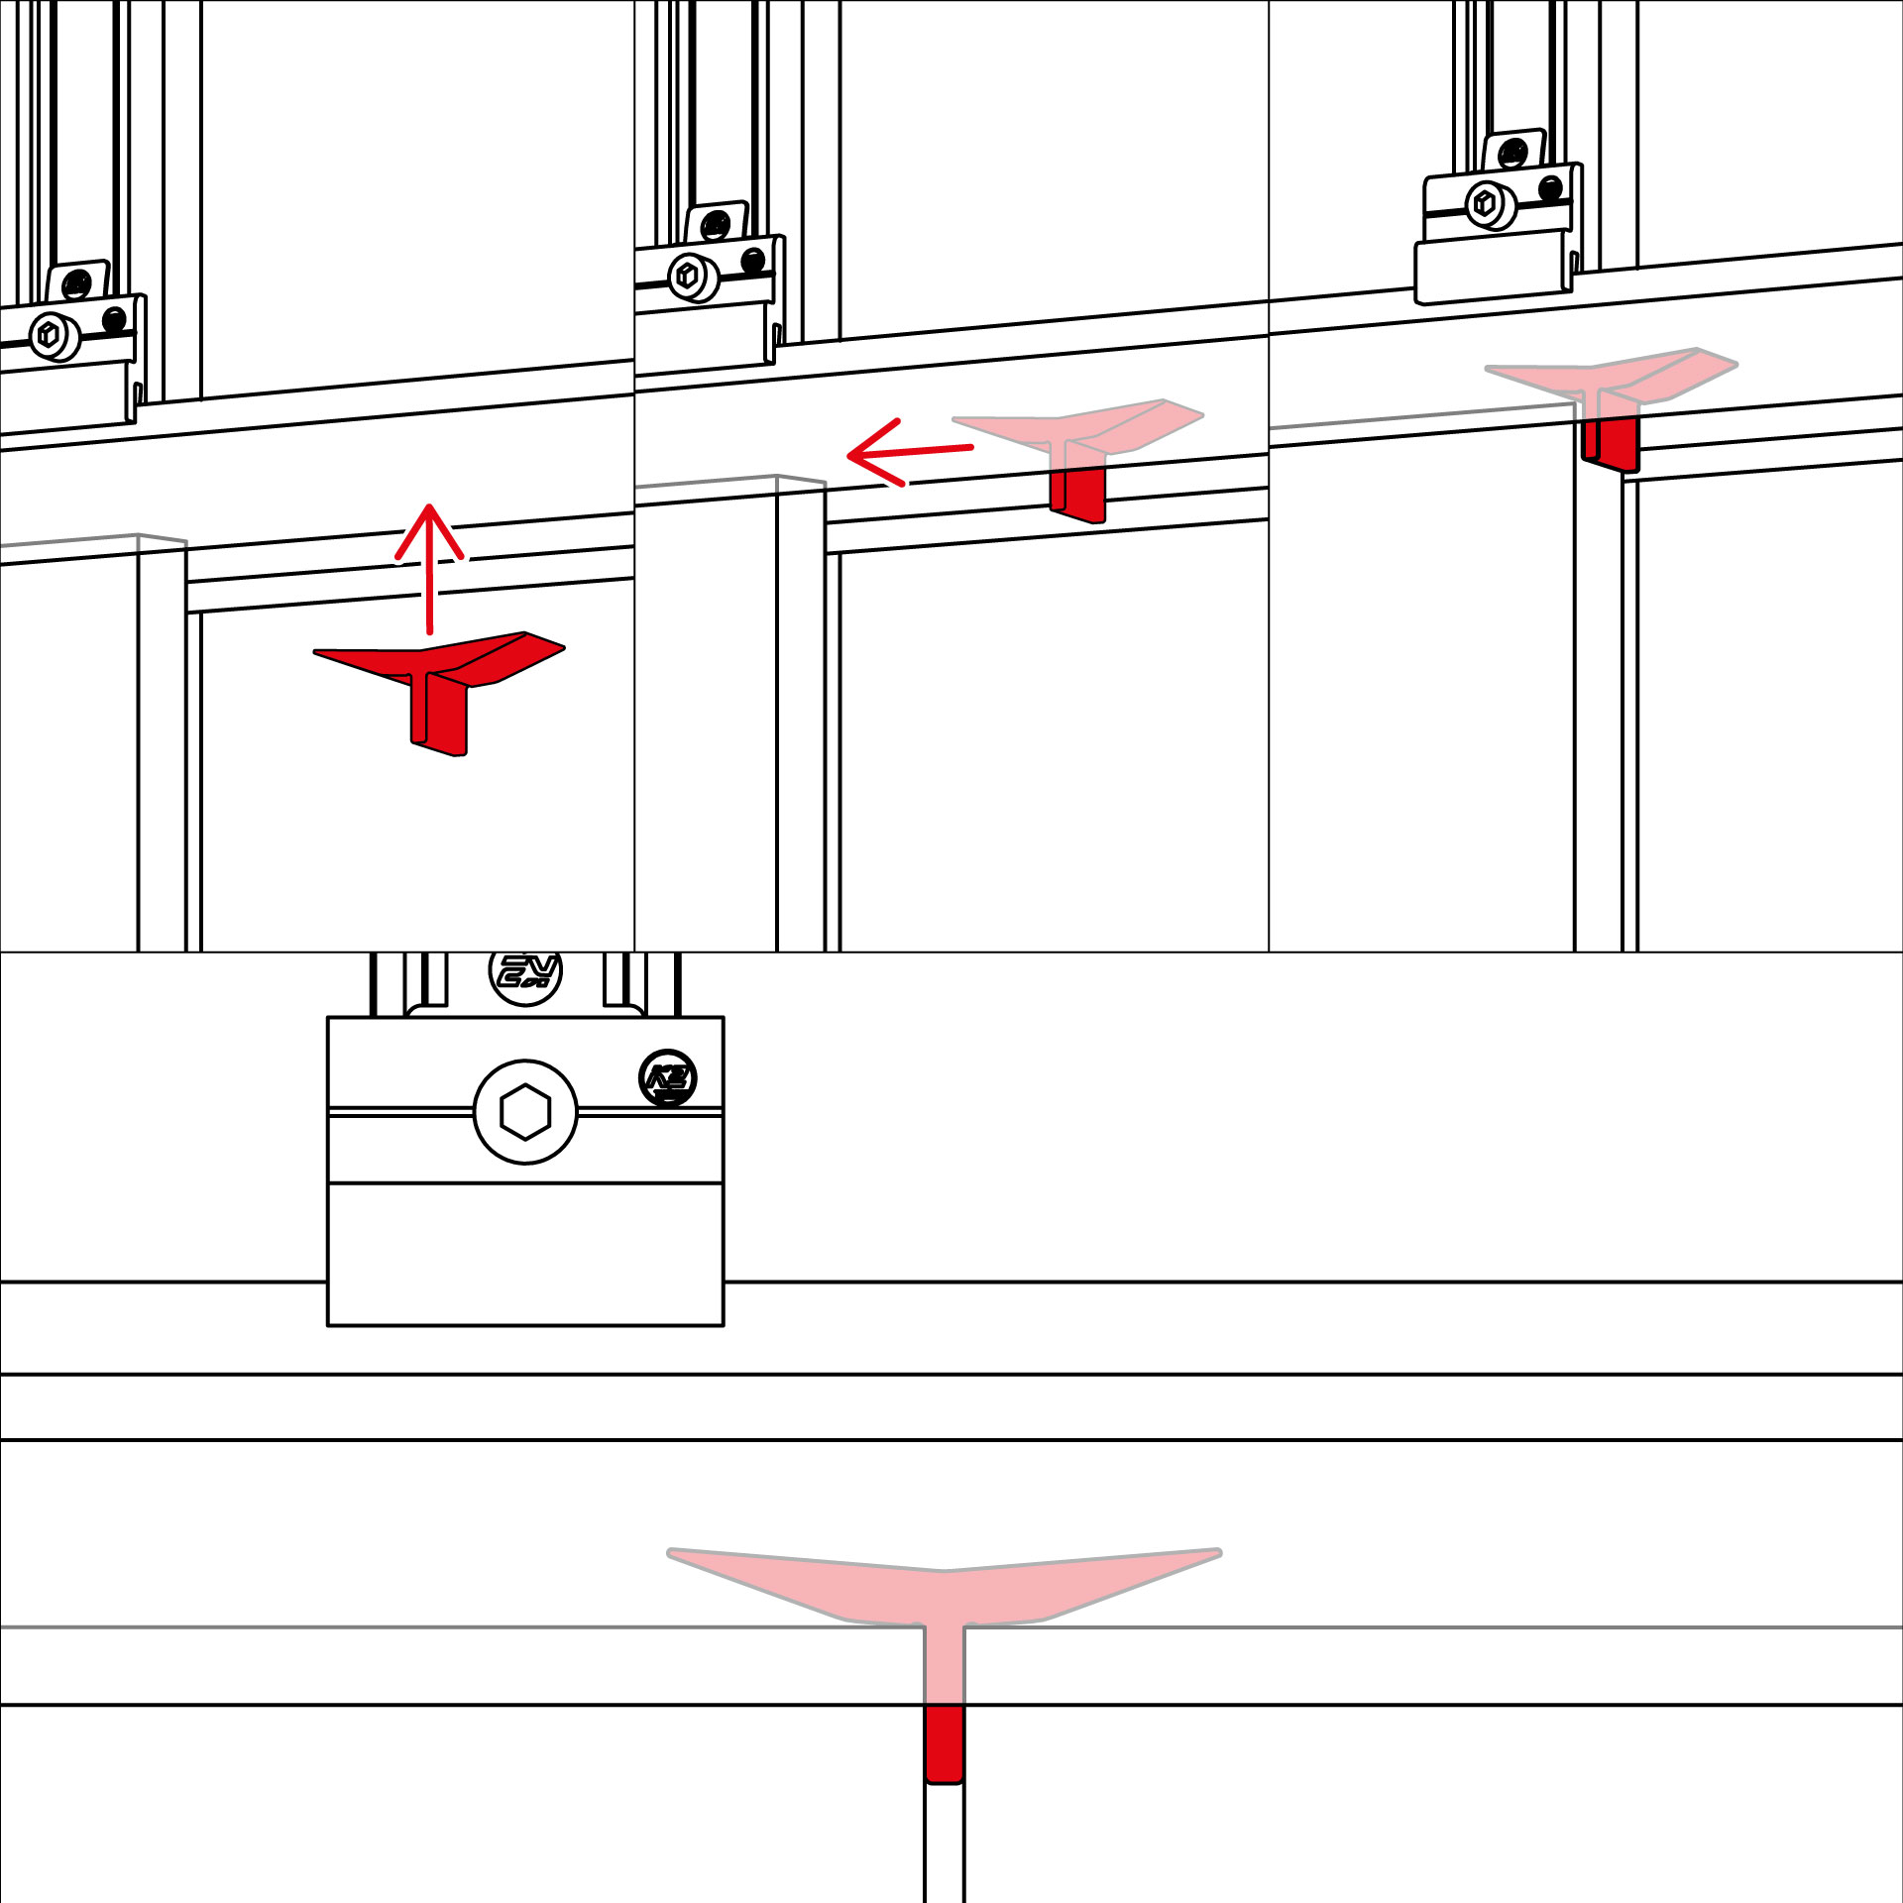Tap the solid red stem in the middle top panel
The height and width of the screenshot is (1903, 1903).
(x=1078, y=493)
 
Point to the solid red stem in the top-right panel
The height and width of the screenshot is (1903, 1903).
(x=1612, y=442)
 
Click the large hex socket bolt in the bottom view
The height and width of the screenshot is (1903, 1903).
(x=525, y=1111)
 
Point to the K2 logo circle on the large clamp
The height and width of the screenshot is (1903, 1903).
(x=668, y=1077)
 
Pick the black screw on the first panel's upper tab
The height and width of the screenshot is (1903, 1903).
(x=76, y=286)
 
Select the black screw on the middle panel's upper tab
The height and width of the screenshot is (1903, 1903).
(x=716, y=227)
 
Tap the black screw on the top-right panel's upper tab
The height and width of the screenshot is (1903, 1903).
(x=1513, y=154)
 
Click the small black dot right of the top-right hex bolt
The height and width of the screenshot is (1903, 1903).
(x=1551, y=188)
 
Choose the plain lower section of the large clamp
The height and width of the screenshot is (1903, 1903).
(x=525, y=1254)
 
